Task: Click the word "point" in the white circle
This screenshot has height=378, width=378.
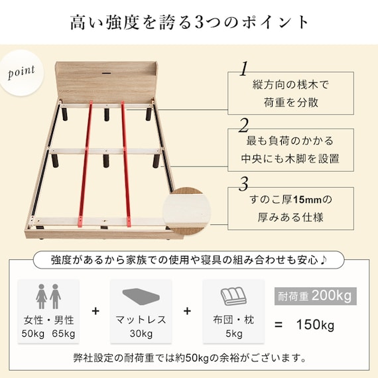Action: click(21, 72)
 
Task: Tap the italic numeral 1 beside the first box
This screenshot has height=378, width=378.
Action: click(244, 68)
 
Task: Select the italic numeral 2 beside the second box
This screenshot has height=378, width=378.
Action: click(244, 125)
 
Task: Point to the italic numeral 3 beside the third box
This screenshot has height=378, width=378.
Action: click(244, 184)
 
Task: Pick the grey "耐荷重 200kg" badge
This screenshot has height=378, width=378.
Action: click(315, 296)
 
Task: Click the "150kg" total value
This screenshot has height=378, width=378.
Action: click(315, 324)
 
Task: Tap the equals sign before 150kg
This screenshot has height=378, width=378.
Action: click(279, 325)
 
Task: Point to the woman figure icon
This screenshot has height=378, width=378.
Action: click(42, 296)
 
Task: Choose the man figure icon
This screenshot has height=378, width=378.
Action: click(56, 296)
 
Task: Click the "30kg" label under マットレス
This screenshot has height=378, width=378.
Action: click(141, 334)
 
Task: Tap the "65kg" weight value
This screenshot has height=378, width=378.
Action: click(64, 334)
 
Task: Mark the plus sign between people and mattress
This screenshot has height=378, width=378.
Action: click(95, 311)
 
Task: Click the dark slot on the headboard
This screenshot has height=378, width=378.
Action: click(106, 72)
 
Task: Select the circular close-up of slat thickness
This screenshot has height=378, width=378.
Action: click(186, 212)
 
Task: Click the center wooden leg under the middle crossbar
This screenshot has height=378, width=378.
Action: click(106, 160)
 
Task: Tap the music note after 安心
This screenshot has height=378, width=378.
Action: click(323, 260)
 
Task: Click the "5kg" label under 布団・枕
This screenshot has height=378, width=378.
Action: click(234, 334)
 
